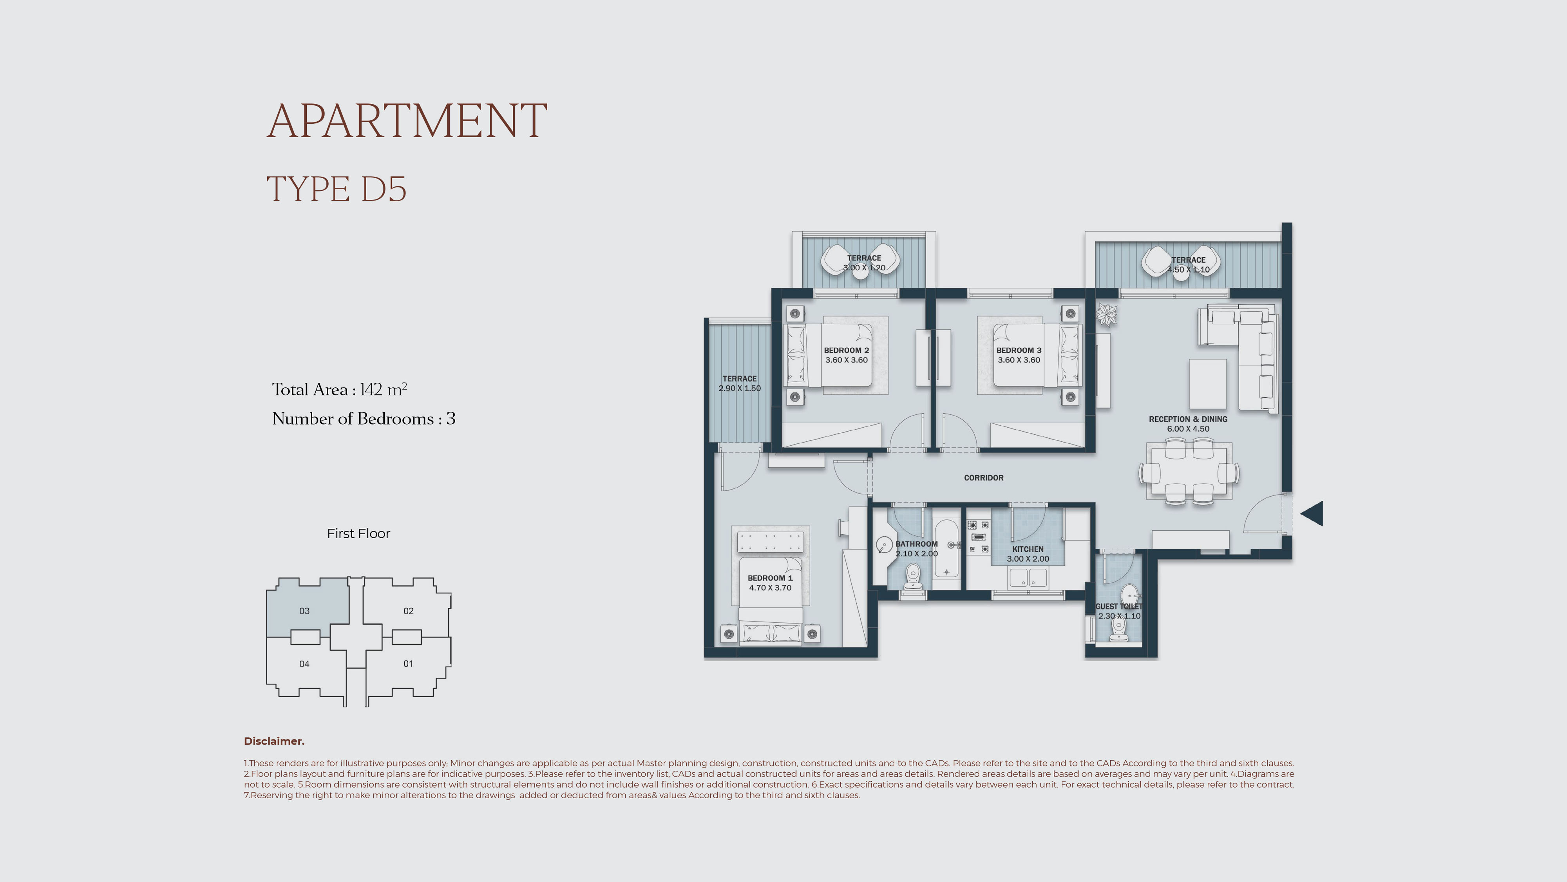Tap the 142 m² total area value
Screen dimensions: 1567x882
[383, 389]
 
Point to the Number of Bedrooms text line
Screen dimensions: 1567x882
[364, 419]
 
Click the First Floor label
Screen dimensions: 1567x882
[358, 533]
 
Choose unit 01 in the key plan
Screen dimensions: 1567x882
[408, 663]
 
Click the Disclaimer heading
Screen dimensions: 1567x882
[274, 741]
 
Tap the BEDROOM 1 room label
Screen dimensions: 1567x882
[770, 578]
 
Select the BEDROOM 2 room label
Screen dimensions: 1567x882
[846, 351]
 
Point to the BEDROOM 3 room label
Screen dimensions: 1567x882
[1019, 351]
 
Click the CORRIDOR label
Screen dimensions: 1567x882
[984, 477]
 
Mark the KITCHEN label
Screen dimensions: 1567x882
[1028, 549]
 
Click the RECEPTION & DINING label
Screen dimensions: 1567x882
[1188, 419]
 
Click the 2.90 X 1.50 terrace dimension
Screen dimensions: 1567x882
[740, 388]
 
